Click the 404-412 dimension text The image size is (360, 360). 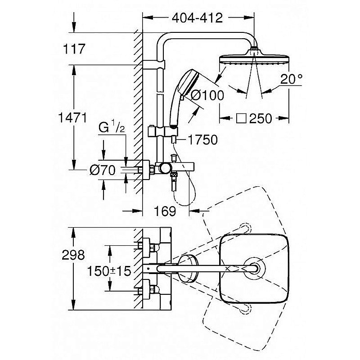coord(198,18)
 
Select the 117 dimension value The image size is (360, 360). coord(75,49)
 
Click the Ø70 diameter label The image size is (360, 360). coord(103,170)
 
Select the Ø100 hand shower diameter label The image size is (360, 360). coord(207,95)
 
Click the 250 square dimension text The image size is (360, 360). coord(261,118)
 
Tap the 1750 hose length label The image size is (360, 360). coord(203,140)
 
